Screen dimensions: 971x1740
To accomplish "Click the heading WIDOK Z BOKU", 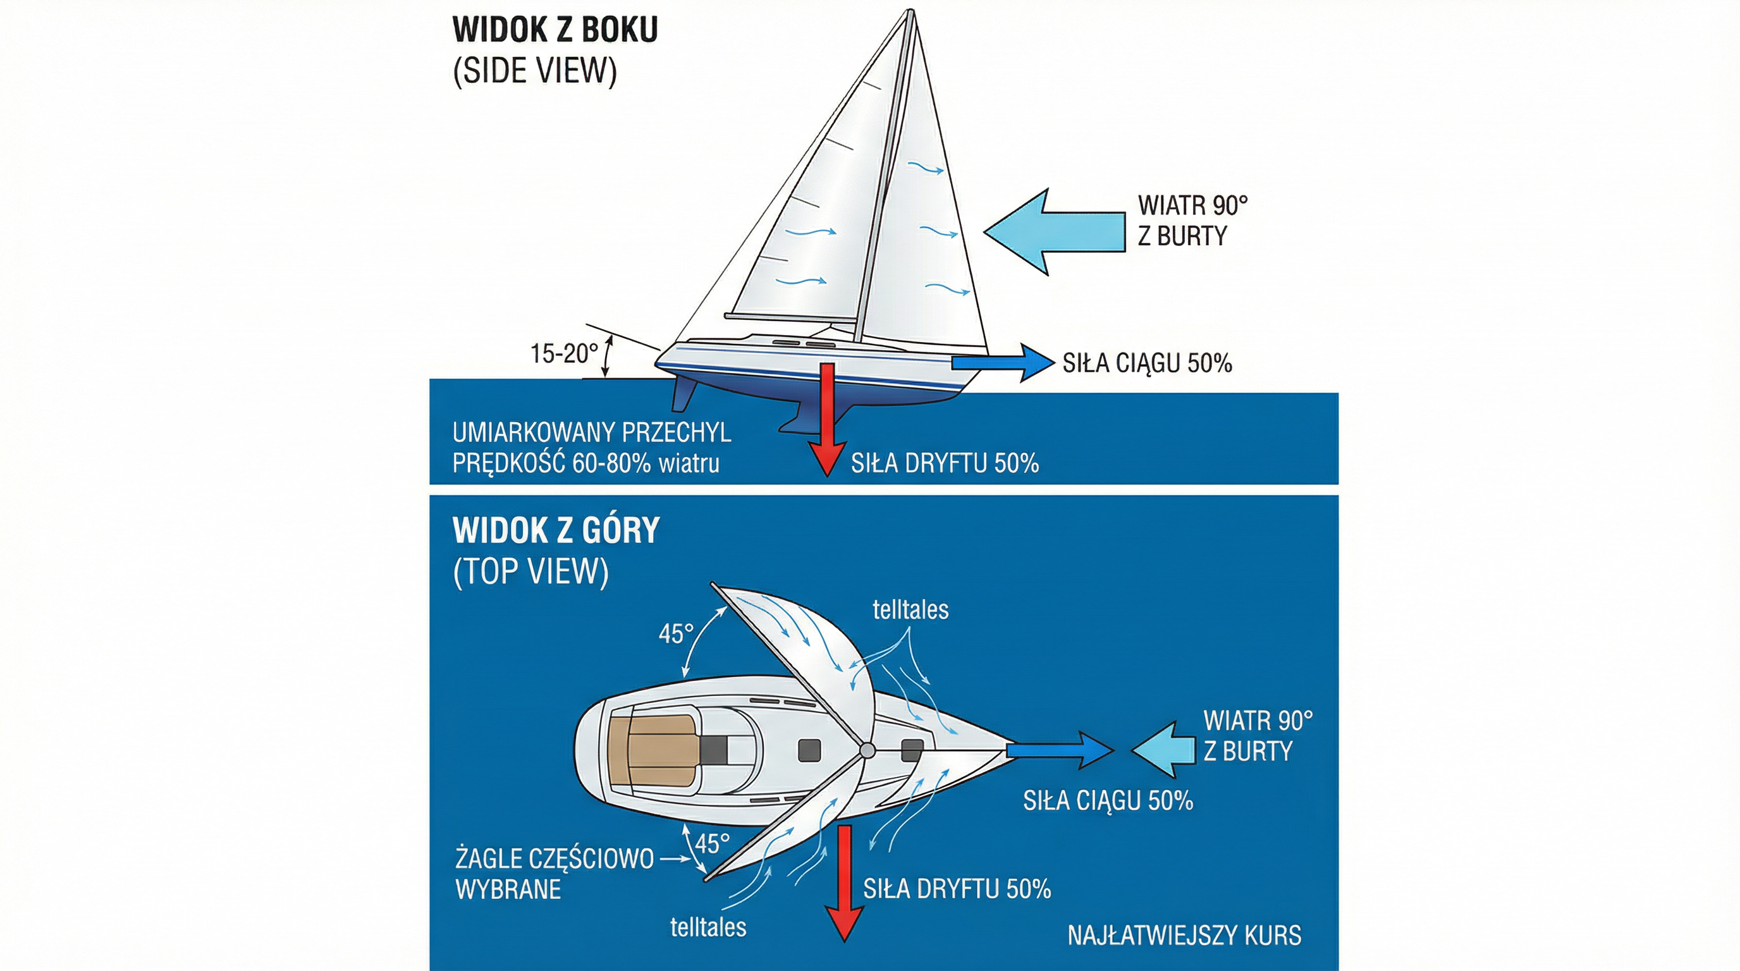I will point(554,30).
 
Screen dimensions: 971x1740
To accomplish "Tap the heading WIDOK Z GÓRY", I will point(556,531).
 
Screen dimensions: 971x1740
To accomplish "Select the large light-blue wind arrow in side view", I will point(1054,232).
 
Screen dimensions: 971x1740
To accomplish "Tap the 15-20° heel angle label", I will point(564,353).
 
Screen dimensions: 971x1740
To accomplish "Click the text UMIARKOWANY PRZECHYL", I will point(592,433).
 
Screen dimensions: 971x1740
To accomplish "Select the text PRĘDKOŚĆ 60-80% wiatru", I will point(585,464).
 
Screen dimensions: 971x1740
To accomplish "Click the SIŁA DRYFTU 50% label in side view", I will point(945,464).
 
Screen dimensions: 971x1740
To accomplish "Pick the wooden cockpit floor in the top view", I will point(652,750).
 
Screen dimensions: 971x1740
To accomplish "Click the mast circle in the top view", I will point(867,750).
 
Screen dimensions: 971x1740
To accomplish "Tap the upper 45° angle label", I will point(675,634).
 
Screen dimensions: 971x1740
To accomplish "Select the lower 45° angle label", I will point(712,843).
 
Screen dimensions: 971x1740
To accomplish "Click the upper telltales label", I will point(910,611).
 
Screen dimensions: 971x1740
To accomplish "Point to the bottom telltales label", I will point(708,927).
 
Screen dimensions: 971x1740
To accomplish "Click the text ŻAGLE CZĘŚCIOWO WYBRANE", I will point(554,874).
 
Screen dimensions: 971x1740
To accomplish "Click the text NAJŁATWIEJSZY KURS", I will point(1184,936).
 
